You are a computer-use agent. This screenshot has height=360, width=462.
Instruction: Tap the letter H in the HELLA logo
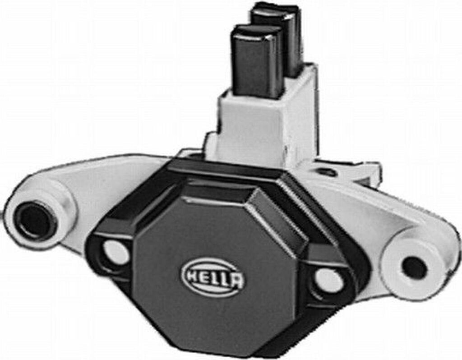190,274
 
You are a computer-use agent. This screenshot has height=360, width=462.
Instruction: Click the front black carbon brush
256,63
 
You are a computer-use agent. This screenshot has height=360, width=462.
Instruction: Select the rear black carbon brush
289,36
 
